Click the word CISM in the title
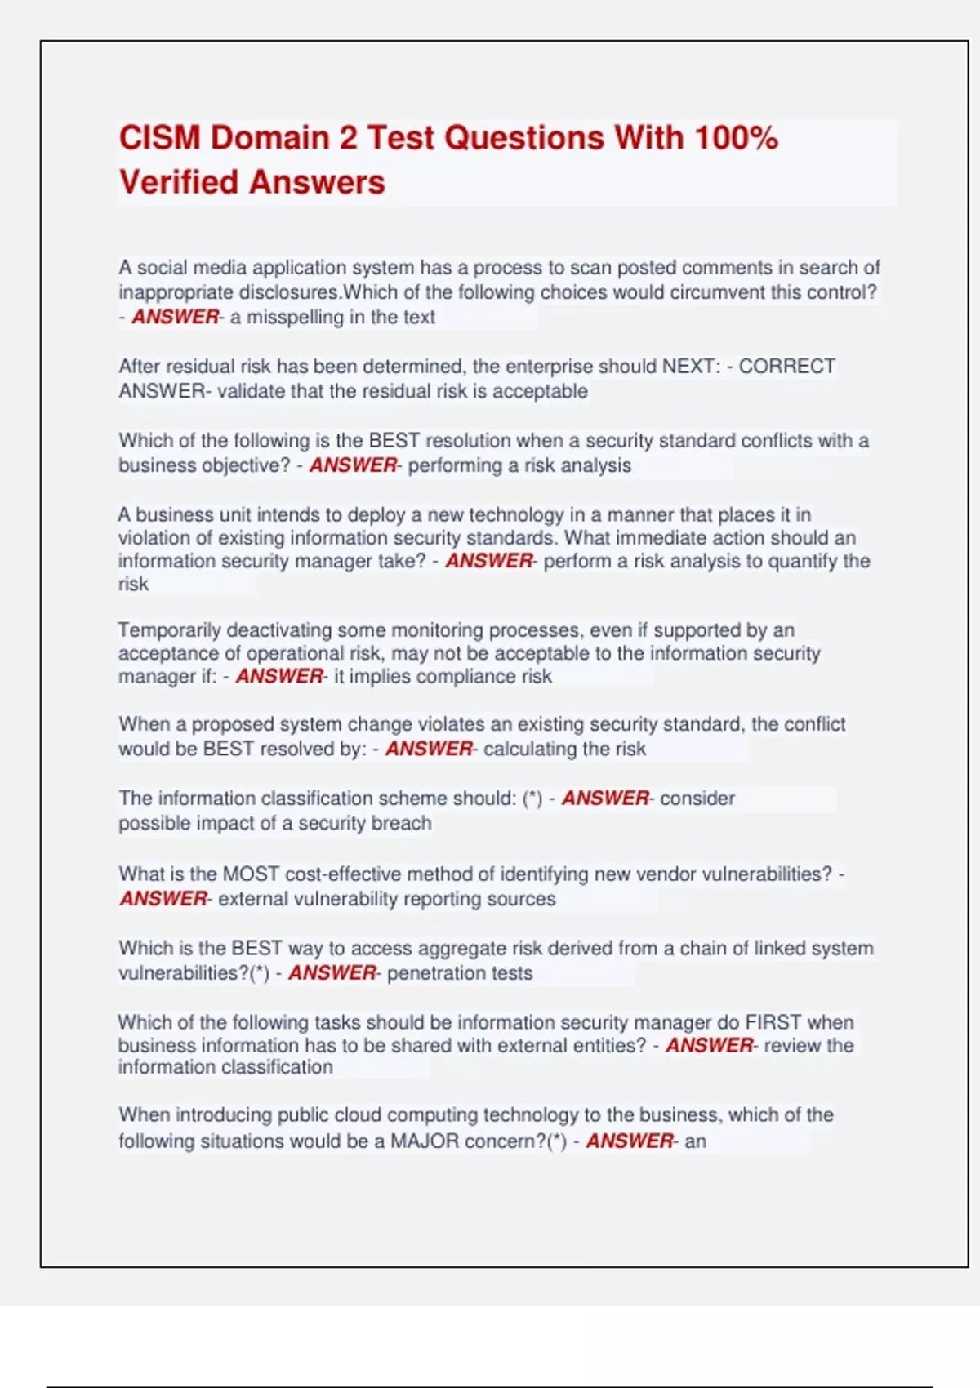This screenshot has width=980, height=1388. click(159, 137)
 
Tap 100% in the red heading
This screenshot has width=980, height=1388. click(736, 137)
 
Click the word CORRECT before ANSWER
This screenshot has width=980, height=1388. click(786, 367)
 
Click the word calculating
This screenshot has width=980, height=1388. click(529, 750)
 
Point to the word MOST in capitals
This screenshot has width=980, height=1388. click(251, 874)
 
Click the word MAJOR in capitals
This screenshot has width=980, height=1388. click(424, 1141)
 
